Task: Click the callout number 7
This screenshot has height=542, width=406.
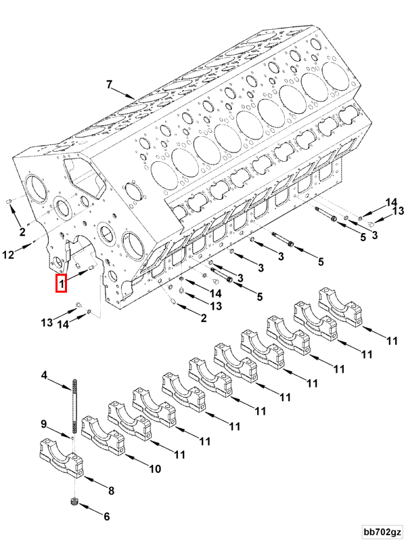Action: (x=108, y=85)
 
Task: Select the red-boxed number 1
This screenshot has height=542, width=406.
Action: (x=61, y=283)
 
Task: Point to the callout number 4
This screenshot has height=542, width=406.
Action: (x=45, y=375)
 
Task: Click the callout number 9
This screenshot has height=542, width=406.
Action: (x=45, y=425)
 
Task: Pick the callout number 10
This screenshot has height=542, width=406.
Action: (x=154, y=468)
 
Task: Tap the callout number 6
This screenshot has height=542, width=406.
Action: (x=106, y=516)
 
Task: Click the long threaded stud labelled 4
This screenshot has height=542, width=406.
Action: (x=71, y=406)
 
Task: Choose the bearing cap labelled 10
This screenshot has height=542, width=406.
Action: (x=101, y=437)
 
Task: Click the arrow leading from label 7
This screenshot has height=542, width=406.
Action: (x=125, y=93)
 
